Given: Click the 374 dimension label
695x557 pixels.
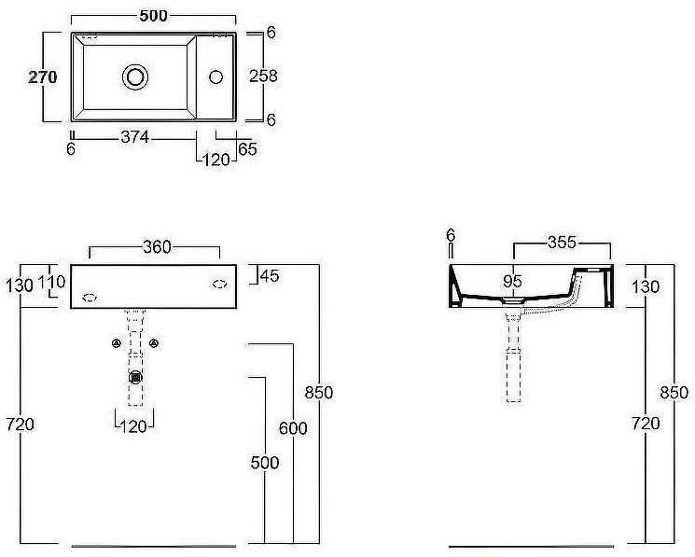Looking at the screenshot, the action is click(135, 137).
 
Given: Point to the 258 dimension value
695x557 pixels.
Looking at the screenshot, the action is click(263, 77).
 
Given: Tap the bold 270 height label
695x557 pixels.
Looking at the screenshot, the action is click(43, 77).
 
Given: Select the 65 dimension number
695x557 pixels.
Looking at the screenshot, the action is click(248, 149).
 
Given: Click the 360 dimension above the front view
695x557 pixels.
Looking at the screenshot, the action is click(157, 247).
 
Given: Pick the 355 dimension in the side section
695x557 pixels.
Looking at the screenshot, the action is click(562, 243).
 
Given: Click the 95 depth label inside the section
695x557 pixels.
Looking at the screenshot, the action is click(513, 281).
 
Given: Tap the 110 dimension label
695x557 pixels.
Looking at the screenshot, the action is click(52, 282).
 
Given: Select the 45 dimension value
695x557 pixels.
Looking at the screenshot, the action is click(270, 276).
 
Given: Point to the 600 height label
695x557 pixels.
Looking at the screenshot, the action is click(293, 428).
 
